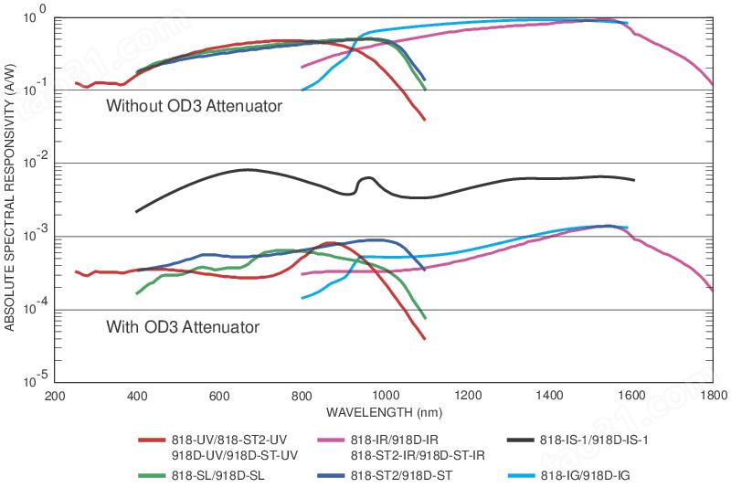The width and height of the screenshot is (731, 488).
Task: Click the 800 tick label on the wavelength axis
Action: (x=302, y=397)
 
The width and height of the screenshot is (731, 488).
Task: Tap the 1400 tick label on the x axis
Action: (x=549, y=397)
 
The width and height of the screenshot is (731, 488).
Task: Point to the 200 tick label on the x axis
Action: (x=55, y=397)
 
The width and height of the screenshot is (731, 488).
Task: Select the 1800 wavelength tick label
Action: (x=714, y=397)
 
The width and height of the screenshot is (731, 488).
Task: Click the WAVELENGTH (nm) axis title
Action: (x=384, y=412)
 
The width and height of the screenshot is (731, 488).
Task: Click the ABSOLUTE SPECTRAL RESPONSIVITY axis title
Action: (x=10, y=198)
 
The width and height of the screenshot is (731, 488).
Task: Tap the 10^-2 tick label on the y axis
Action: (x=35, y=161)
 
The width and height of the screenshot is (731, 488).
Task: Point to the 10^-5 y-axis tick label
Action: (x=35, y=380)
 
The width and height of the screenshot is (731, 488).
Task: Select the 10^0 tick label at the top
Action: (x=35, y=15)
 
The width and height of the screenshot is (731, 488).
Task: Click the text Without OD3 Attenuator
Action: (x=194, y=106)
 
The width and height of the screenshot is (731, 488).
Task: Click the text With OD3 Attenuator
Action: (x=183, y=327)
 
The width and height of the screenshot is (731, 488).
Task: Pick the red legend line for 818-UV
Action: (x=152, y=440)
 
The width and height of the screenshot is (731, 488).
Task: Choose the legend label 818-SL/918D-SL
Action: (x=217, y=475)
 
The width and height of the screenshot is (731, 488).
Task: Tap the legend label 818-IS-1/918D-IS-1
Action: (x=594, y=440)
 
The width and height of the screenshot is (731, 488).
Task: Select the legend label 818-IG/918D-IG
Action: (x=585, y=475)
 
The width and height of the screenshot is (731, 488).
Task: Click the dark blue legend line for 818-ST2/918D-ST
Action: (x=331, y=475)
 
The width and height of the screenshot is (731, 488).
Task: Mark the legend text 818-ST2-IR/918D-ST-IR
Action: (x=418, y=455)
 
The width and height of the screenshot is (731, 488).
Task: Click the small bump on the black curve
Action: (x=367, y=178)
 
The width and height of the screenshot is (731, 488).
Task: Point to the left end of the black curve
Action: (x=136, y=212)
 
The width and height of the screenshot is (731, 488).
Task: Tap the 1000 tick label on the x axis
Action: (x=386, y=397)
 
